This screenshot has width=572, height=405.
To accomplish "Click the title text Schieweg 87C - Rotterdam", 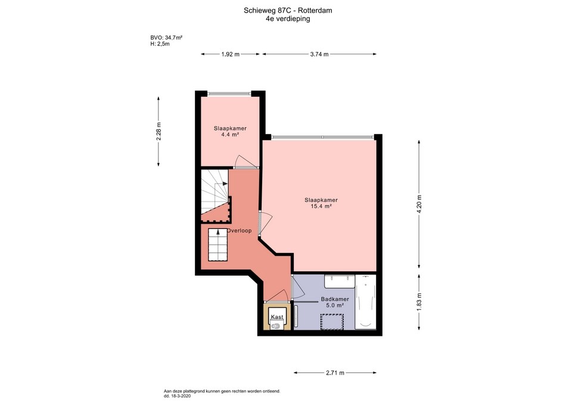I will (x=288, y=10).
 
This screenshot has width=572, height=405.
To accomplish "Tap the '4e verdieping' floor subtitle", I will (x=288, y=18).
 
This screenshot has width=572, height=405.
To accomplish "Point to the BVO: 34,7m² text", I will (x=166, y=38).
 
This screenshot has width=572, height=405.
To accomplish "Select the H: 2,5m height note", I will (x=160, y=44).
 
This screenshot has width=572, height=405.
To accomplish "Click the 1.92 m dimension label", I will (x=230, y=54).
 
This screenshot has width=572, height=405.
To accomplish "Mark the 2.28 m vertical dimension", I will (x=158, y=131).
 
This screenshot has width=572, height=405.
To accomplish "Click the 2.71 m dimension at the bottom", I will (x=335, y=373).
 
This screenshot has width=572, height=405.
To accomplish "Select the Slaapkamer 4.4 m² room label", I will (x=230, y=132).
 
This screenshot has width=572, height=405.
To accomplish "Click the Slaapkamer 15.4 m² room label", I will (x=321, y=203).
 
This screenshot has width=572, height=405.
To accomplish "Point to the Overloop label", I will (x=239, y=230).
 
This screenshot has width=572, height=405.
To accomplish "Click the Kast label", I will (x=276, y=317).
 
